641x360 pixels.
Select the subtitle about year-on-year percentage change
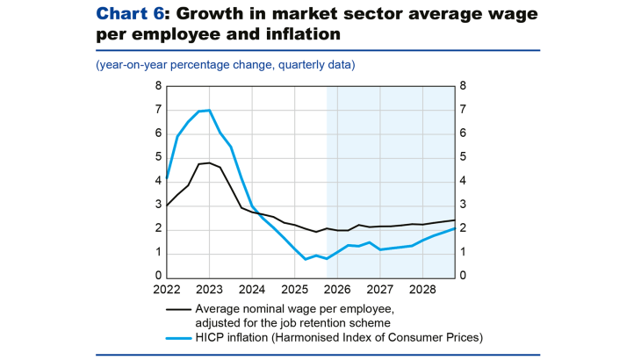(x=226, y=66)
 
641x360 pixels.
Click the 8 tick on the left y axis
(x=158, y=86)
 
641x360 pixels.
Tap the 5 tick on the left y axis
(x=158, y=158)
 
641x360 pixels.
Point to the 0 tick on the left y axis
(x=158, y=277)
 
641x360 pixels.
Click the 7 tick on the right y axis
(x=463, y=110)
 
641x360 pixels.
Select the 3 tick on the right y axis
(x=463, y=205)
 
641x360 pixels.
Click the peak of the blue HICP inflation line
(x=208, y=111)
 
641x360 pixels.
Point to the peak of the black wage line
(x=209, y=162)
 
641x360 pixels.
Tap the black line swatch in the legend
(x=178, y=309)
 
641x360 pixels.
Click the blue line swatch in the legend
(x=178, y=336)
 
